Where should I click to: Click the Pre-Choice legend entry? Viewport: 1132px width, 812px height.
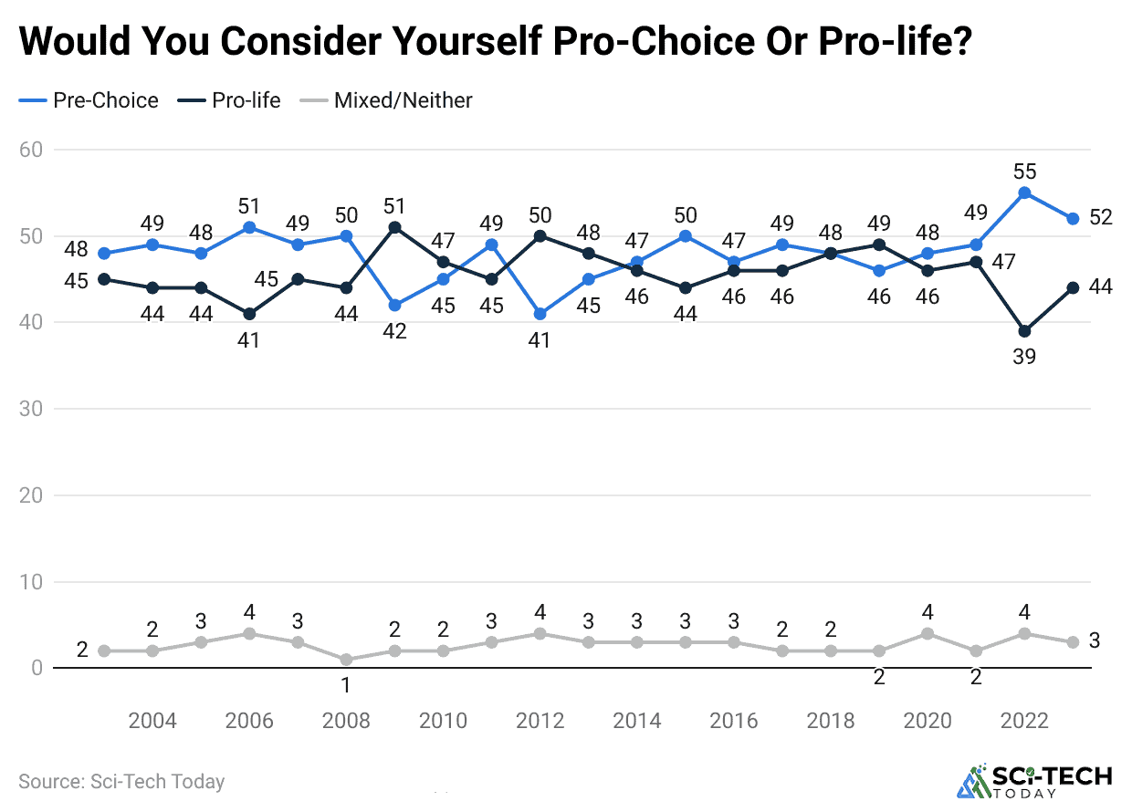[x=89, y=100]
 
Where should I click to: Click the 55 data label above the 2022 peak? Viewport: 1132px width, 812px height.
[x=1024, y=171]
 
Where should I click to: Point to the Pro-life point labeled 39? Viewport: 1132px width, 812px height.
[x=1024, y=331]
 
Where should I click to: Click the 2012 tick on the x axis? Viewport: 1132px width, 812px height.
[x=540, y=721]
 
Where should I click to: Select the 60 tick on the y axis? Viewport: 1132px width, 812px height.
[x=32, y=149]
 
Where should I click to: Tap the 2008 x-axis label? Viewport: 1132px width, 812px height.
[x=346, y=721]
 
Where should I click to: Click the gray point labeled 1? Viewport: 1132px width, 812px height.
[x=346, y=660]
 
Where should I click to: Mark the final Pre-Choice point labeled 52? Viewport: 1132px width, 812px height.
[x=1073, y=219]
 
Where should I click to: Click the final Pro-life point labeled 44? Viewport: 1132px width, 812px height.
[x=1073, y=287]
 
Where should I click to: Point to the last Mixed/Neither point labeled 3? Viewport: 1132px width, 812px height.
[x=1073, y=642]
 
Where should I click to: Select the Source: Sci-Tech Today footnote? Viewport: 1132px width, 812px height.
[x=121, y=782]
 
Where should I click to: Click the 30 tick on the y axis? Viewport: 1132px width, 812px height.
[x=32, y=409]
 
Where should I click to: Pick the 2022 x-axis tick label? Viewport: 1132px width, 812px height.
[x=1024, y=721]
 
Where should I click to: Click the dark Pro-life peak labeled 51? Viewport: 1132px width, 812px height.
[x=394, y=227]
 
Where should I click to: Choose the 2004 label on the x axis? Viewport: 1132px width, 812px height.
[x=152, y=721]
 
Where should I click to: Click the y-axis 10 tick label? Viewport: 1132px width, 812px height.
[x=32, y=581]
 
